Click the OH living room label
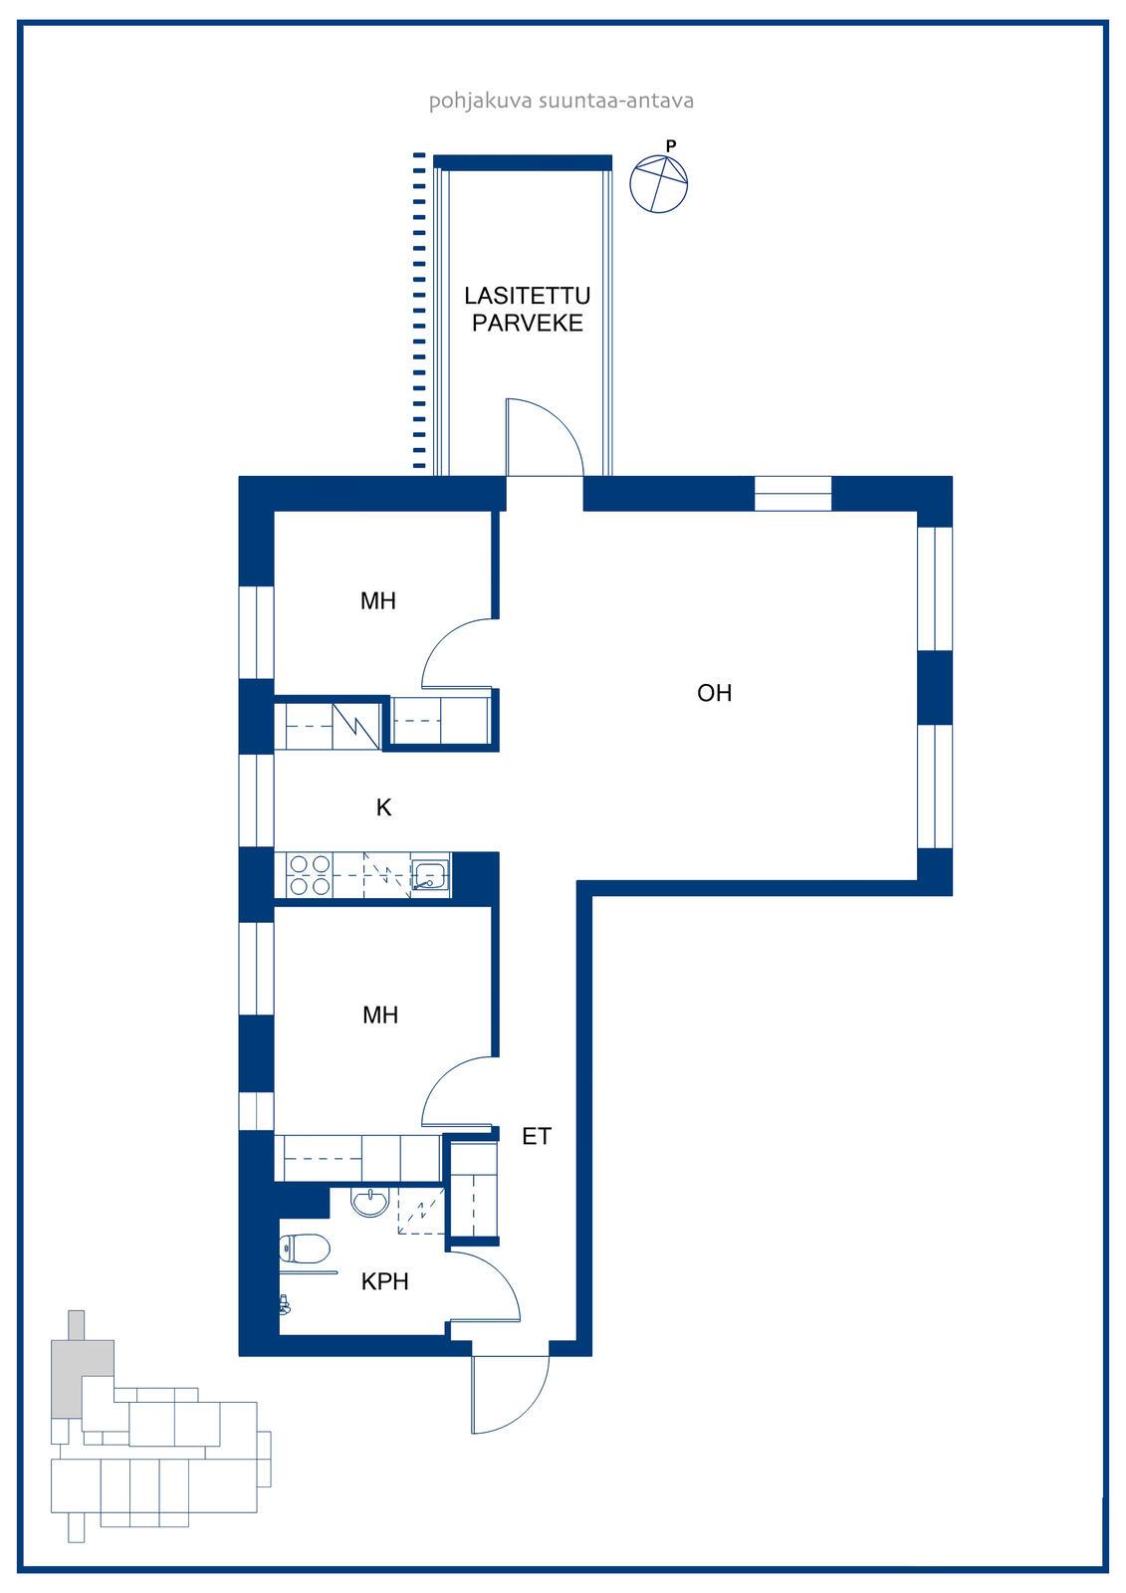pyautogui.click(x=714, y=693)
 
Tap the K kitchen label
pyautogui.click(x=383, y=807)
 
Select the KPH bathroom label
pyautogui.click(x=385, y=1281)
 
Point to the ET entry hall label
pyautogui.click(x=537, y=1136)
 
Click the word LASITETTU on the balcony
pyautogui.click(x=527, y=295)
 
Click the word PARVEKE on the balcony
pyautogui.click(x=527, y=323)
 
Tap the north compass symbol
pyautogui.click(x=659, y=183)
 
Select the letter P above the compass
pyautogui.click(x=671, y=145)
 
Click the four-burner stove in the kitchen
pyautogui.click(x=309, y=875)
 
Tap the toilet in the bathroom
pyautogui.click(x=305, y=1249)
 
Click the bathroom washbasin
pyautogui.click(x=370, y=1202)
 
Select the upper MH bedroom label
pyautogui.click(x=377, y=601)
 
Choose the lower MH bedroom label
pyautogui.click(x=380, y=1015)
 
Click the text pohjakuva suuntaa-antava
pyautogui.click(x=562, y=101)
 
